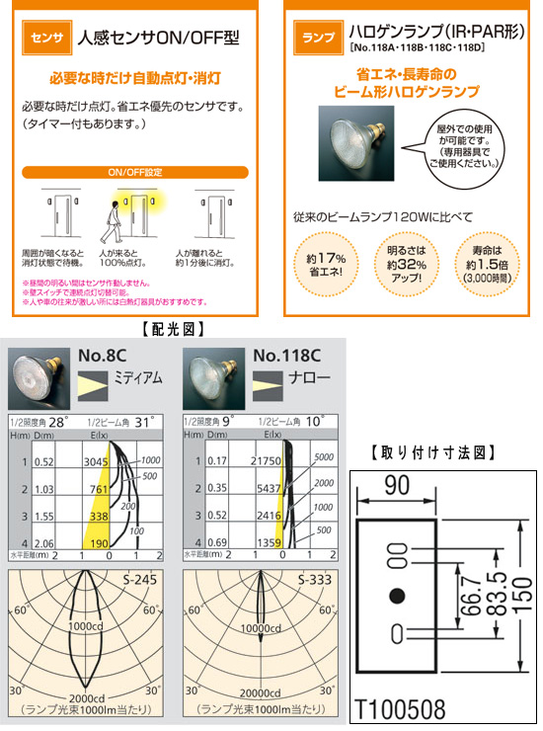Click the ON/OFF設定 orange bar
click(x=135, y=171)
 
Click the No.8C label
click(x=105, y=356)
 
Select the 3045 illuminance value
click(x=95, y=461)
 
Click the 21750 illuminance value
click(x=267, y=461)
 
